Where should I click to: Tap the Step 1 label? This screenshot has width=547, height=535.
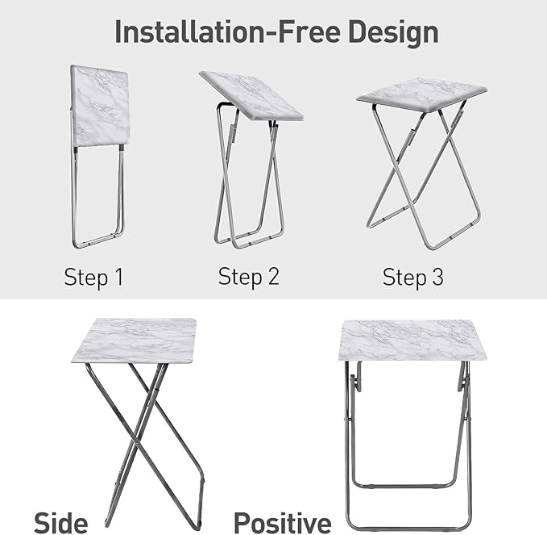pyautogui.click(x=93, y=278)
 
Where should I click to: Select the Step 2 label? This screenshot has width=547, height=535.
pyautogui.click(x=248, y=277)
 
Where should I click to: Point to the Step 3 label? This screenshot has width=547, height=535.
pyautogui.click(x=412, y=278)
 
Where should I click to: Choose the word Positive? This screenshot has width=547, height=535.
pyautogui.click(x=282, y=520)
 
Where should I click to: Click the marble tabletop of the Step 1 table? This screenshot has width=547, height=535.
pyautogui.click(x=100, y=105)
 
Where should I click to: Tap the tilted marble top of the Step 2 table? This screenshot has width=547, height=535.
pyautogui.click(x=251, y=95)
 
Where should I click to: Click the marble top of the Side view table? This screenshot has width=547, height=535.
pyautogui.click(x=135, y=340)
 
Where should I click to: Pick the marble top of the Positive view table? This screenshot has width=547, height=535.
pyautogui.click(x=412, y=340)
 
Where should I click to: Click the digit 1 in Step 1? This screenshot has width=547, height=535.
pyautogui.click(x=118, y=278)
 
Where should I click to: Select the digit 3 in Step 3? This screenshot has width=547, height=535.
pyautogui.click(x=437, y=278)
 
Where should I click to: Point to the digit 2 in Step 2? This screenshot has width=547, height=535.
pyautogui.click(x=272, y=277)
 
